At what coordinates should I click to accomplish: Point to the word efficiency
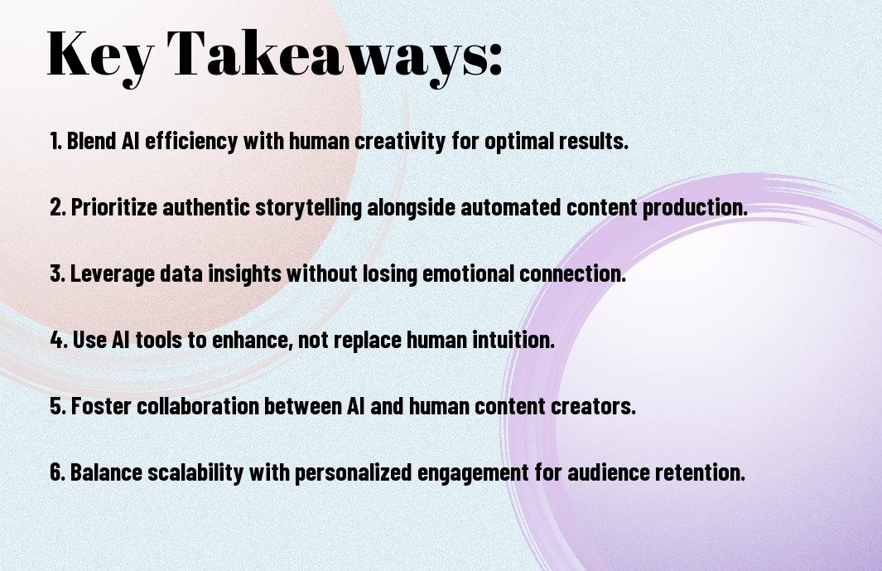(191, 142)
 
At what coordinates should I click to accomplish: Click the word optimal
(519, 142)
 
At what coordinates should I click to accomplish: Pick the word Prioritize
(113, 207)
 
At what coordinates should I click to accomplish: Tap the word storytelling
(308, 208)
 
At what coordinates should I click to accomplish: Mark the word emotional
(468, 273)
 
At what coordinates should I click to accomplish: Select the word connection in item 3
(572, 273)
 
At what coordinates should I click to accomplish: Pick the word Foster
(101, 406)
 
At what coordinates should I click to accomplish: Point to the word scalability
(195, 473)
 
